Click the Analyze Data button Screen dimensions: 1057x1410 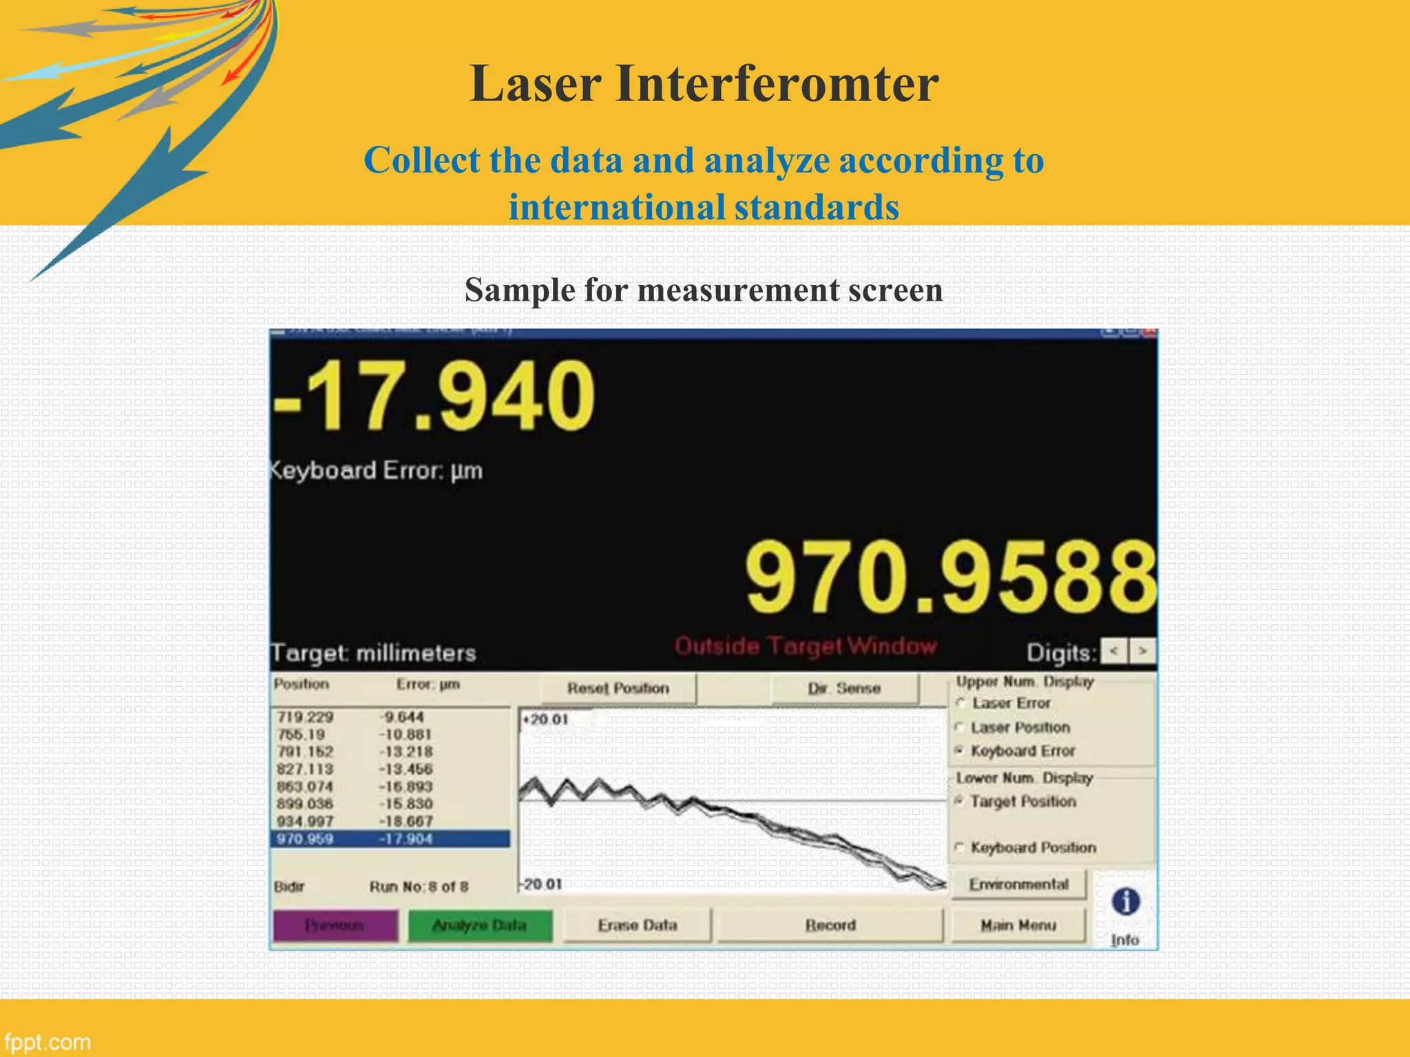tap(480, 926)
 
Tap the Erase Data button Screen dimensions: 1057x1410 tap(637, 926)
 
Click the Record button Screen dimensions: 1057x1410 tap(830, 926)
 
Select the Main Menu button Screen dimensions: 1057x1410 tap(1018, 926)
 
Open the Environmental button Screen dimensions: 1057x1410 tap(1018, 884)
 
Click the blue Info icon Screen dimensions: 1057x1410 tap(1126, 901)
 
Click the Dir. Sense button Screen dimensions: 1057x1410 tap(845, 688)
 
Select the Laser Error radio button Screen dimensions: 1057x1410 tap(960, 703)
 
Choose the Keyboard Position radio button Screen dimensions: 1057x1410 tap(960, 847)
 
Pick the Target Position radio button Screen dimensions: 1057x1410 tap(960, 801)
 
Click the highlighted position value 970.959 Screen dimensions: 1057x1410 tap(305, 839)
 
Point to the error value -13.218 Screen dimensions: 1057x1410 tap(406, 752)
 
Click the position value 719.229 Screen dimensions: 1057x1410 tap(305, 717)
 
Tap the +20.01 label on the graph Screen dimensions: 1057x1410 tap(546, 720)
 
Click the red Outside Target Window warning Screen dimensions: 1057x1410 tap(806, 646)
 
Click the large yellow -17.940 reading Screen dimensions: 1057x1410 tap(434, 397)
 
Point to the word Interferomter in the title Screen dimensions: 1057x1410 tap(777, 83)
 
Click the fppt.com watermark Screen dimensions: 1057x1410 tap(47, 1042)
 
